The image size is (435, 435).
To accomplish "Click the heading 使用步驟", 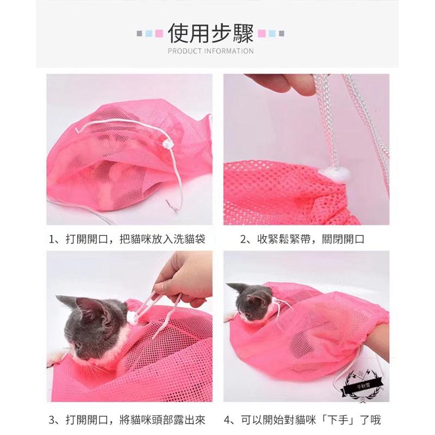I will tap(211, 33).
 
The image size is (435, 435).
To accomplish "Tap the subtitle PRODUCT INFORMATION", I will tap(211, 51).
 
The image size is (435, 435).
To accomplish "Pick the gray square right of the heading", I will tap(281, 34).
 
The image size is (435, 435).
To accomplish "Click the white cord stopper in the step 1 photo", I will tap(167, 145).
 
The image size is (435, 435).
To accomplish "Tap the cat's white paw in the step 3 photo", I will tap(53, 359).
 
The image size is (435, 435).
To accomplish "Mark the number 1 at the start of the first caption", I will tap(51, 239).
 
